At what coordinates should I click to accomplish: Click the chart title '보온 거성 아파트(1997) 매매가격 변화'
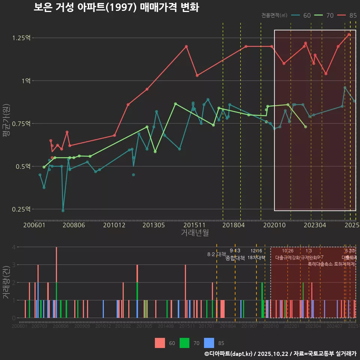point(116,7)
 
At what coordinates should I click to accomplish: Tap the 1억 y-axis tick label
point(25,81)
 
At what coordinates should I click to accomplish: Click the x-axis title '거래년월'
point(195,233)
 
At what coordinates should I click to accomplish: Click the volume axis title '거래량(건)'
point(6,282)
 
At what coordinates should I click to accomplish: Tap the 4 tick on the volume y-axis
point(13,247)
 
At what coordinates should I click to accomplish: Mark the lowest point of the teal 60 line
point(63,210)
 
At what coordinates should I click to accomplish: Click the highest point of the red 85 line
point(349,34)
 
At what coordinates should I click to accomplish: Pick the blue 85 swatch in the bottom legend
point(209,343)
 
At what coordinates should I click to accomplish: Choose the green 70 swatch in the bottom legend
point(184,343)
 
